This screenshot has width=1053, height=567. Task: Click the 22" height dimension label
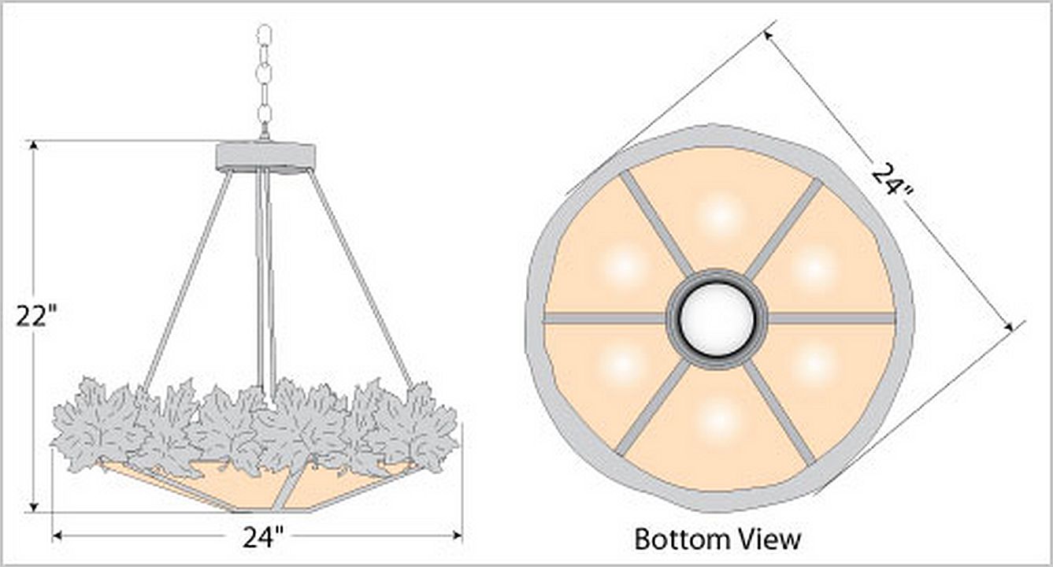[36, 316]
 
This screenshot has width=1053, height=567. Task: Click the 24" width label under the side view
[264, 537]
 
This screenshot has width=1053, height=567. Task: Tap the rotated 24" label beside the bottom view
[892, 184]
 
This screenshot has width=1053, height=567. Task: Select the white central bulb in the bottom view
[717, 319]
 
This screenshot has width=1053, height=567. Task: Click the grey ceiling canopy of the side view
[265, 157]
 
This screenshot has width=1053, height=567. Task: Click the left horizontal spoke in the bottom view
[604, 318]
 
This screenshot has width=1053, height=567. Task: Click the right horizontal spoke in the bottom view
[831, 318]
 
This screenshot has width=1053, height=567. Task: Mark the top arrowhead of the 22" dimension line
[33, 145]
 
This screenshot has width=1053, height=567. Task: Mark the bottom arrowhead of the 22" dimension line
[33, 507]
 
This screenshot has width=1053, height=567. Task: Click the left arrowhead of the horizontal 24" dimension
[57, 535]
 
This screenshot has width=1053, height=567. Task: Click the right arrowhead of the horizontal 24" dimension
[457, 535]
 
